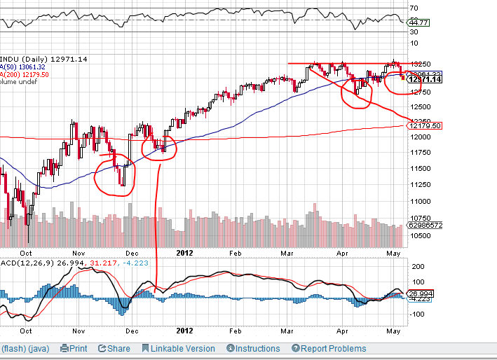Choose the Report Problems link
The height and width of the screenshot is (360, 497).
(x=329, y=348)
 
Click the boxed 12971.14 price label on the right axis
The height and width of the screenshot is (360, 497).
(x=425, y=80)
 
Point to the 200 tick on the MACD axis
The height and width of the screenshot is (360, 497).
(x=418, y=267)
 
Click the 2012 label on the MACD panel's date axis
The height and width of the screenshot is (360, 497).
(x=184, y=330)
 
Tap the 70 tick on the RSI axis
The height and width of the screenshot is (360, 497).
(x=414, y=8)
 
